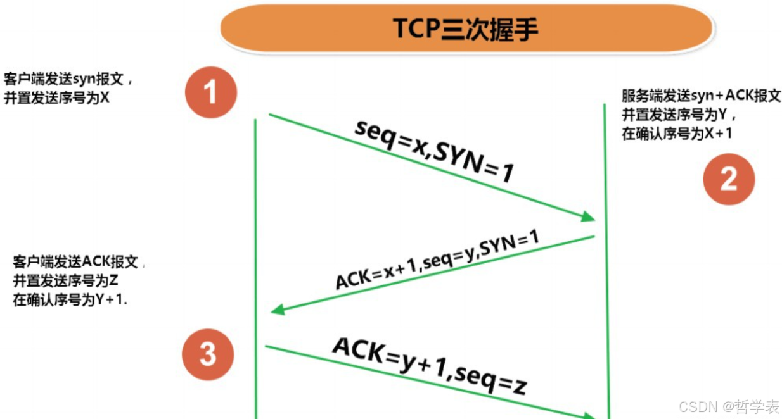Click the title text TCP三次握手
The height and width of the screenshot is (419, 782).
[x=466, y=29]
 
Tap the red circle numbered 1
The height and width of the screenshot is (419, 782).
[x=210, y=92]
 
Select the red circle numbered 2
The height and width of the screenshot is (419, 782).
[x=729, y=179]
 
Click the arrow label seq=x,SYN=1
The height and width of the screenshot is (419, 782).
[x=433, y=151]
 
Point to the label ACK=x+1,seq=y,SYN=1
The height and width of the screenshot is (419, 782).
[x=437, y=260]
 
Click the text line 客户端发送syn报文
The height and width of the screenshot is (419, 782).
[x=68, y=80]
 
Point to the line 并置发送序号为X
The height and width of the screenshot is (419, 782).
[x=57, y=99]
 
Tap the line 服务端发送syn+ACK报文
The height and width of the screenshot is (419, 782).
[x=701, y=96]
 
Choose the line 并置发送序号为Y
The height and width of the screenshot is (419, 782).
[x=678, y=115]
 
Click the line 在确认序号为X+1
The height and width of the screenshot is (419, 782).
[x=677, y=134]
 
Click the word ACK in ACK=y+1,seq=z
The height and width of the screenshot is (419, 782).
[x=358, y=351]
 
